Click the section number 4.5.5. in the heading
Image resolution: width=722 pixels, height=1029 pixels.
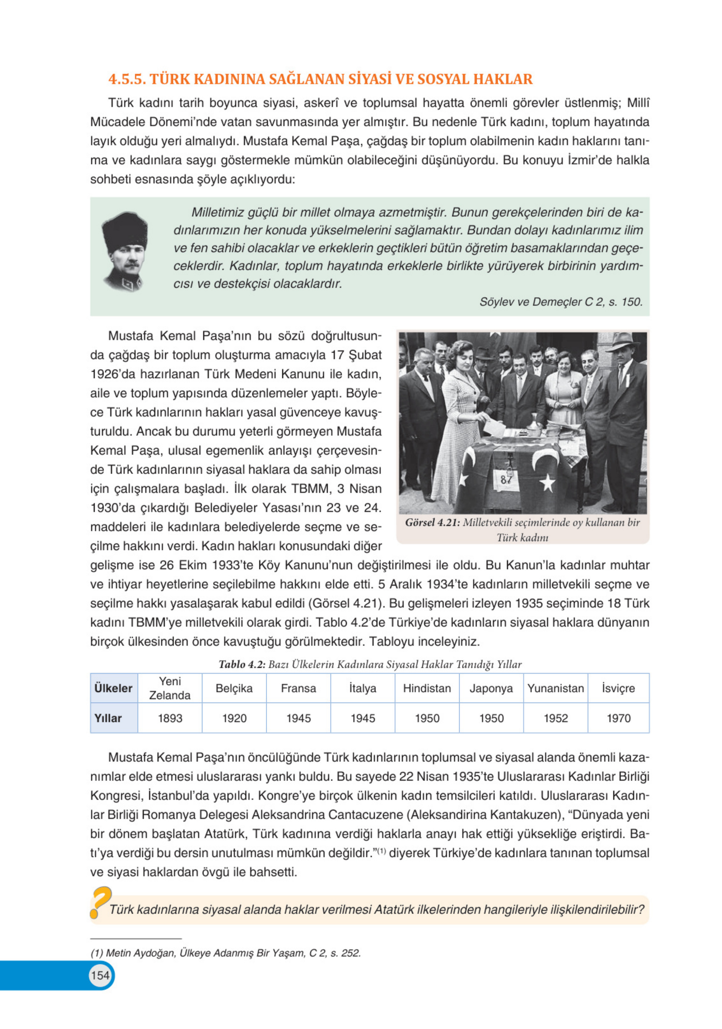click(126, 79)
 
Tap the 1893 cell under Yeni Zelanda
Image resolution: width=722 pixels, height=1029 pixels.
click(170, 718)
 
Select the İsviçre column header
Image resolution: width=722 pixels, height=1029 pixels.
click(618, 688)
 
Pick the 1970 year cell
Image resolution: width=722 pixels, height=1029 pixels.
click(618, 718)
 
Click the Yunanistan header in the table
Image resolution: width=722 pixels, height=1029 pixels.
click(555, 688)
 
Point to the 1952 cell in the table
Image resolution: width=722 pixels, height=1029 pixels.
click(555, 718)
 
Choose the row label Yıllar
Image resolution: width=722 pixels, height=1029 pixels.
click(108, 718)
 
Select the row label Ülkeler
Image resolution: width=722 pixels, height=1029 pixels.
click(113, 688)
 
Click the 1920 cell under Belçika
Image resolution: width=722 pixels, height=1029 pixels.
click(234, 718)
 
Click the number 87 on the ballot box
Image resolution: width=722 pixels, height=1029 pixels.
click(506, 479)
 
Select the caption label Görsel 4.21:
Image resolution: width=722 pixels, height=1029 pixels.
click(432, 523)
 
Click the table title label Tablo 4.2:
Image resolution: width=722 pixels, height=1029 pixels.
click(242, 664)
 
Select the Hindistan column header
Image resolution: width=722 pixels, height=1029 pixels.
click(427, 688)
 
